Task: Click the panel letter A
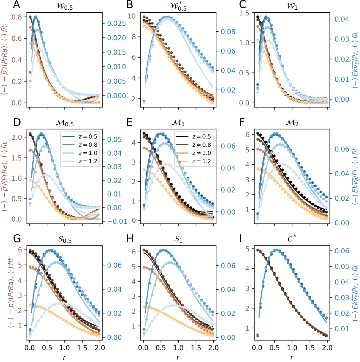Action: tap(17, 5)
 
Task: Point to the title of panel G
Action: tap(65, 240)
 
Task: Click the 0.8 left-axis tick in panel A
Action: tap(17, 17)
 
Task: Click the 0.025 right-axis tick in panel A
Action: tap(116, 23)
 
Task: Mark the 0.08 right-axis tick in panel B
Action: tap(228, 32)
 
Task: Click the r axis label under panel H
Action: tap(178, 357)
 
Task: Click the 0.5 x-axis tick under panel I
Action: tap(275, 348)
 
